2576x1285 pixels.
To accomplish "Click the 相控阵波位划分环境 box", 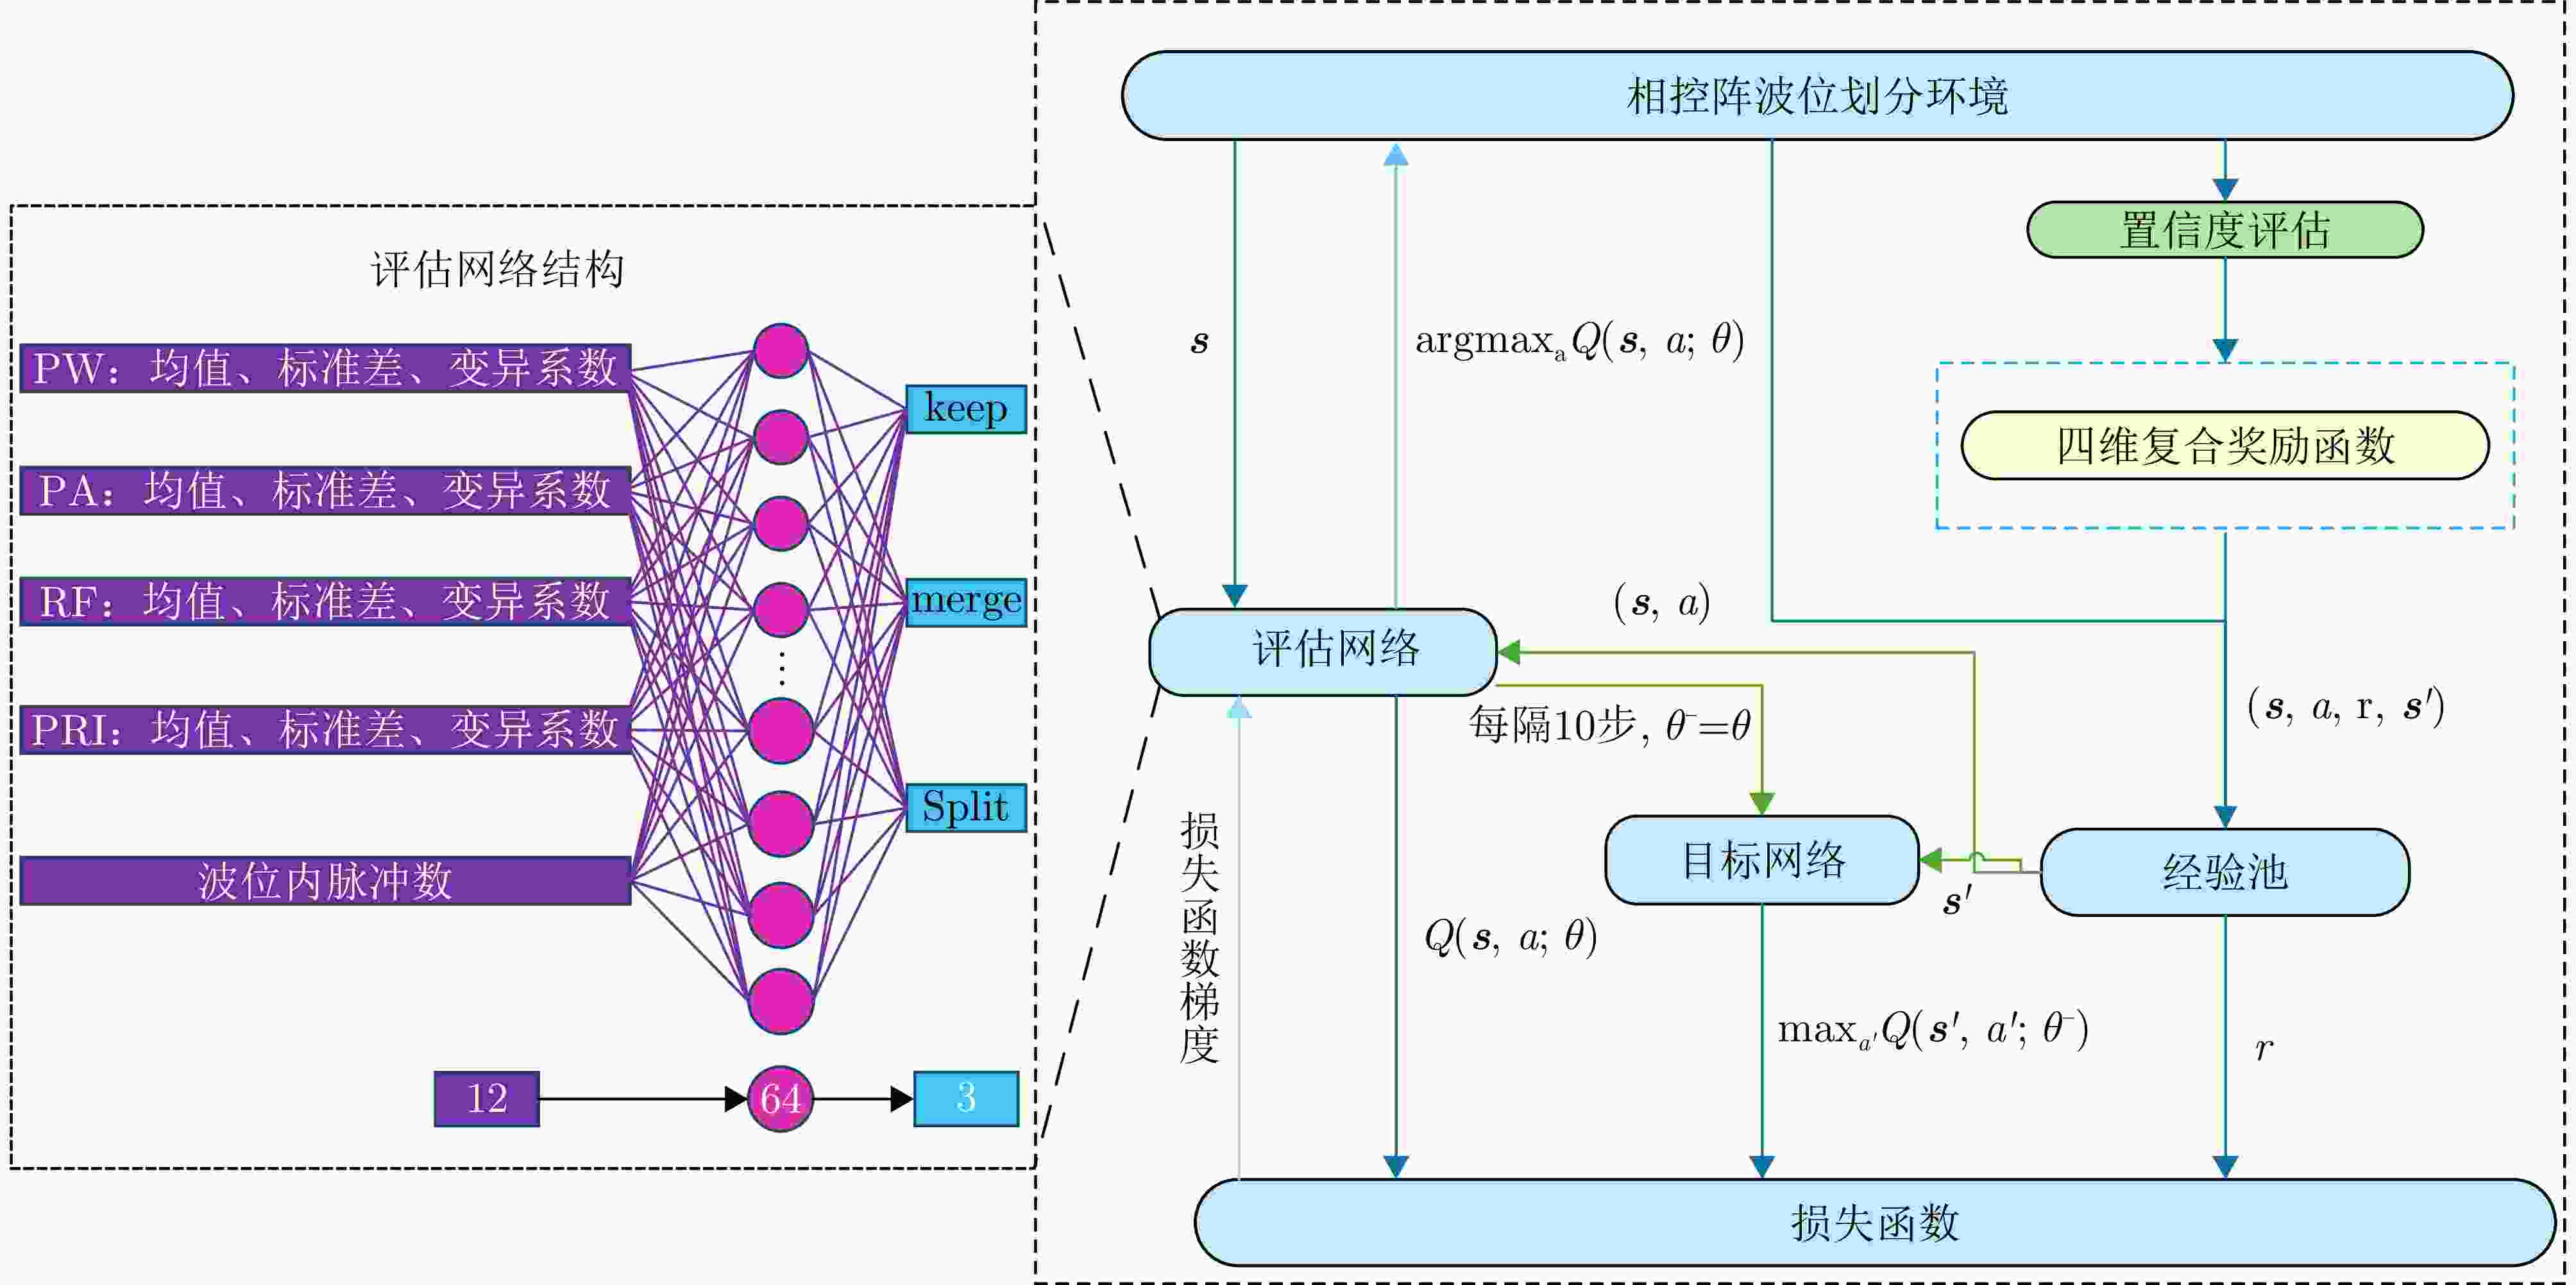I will click(1817, 96).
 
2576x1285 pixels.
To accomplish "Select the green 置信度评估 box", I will click(2224, 230).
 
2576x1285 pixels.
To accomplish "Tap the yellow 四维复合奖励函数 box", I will click(2224, 445).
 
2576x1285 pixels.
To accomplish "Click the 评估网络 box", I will click(1322, 651).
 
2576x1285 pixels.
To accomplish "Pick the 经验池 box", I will click(2224, 872).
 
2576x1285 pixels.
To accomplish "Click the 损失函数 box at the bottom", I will click(1874, 1222).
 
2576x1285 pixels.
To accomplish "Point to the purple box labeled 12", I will click(487, 1098).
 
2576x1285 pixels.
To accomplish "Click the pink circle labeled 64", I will click(780, 1098).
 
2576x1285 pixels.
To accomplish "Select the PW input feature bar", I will click(325, 368).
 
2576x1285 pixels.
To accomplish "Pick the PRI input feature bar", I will click(325, 729).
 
